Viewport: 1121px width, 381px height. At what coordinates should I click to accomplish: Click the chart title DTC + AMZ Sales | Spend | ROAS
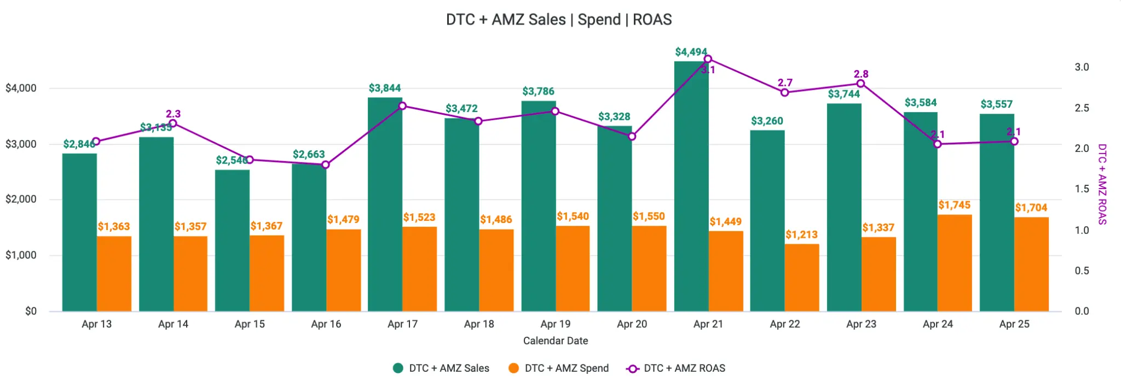(558, 20)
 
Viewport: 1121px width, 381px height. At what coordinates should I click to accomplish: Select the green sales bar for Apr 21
(691, 186)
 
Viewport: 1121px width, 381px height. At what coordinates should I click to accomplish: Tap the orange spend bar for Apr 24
(955, 263)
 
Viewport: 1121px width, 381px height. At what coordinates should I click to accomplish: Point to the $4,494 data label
(691, 52)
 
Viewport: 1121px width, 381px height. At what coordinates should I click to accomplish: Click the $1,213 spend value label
(801, 235)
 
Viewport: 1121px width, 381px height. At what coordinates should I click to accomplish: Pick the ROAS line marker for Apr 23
(860, 84)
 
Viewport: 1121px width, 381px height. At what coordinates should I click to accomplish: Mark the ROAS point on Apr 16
(326, 165)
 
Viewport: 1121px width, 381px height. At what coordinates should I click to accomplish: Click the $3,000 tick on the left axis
(21, 144)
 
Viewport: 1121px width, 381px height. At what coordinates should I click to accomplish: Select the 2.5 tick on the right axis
(1082, 108)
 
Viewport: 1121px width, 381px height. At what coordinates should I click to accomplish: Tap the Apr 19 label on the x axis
(555, 324)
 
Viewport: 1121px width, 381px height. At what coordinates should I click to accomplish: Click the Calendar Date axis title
(555, 341)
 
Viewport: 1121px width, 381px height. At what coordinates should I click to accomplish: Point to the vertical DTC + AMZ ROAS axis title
(1102, 184)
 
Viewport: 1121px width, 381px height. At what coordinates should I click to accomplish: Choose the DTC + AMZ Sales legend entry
(441, 368)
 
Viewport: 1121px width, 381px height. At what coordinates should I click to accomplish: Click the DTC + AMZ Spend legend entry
(558, 368)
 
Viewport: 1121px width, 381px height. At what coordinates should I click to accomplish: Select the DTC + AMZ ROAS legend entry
(676, 368)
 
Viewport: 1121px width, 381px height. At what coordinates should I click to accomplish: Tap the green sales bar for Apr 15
(232, 241)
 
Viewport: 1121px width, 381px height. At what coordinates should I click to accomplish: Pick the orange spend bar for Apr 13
(114, 274)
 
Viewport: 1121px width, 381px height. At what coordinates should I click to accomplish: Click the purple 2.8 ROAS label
(861, 74)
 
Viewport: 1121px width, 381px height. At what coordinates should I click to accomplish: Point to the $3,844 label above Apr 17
(384, 88)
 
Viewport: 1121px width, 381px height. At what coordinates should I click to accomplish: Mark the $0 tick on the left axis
(31, 312)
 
